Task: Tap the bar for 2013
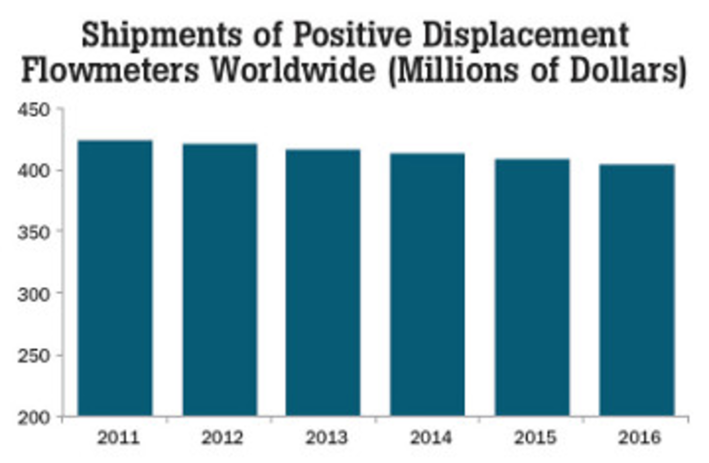323,283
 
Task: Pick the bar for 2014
428,285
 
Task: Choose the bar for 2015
532,287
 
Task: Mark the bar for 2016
637,290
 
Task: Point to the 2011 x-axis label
118,438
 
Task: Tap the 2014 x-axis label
431,438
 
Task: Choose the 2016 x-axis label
639,438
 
